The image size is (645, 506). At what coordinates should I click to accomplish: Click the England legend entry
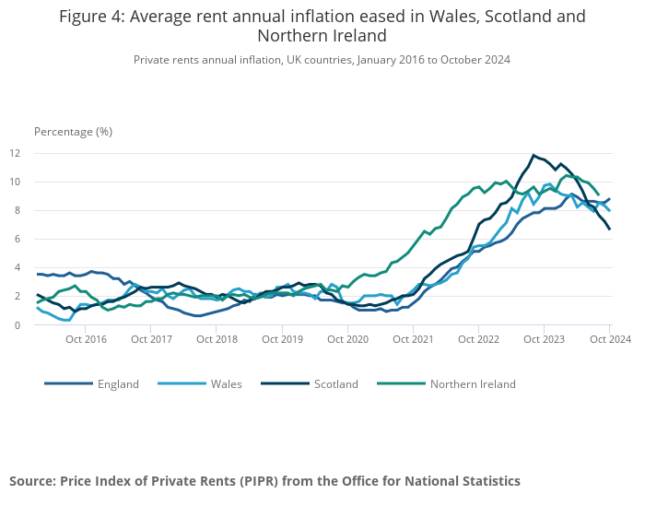(117, 383)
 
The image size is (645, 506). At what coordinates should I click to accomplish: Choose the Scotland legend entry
(335, 383)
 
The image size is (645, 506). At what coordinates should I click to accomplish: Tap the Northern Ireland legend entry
(473, 383)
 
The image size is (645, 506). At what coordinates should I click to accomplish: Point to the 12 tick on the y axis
(41, 153)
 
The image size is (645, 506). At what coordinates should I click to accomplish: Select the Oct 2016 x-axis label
(87, 339)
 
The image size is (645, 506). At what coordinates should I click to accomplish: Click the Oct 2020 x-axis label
(348, 339)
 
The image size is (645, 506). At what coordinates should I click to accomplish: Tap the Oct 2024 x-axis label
(610, 339)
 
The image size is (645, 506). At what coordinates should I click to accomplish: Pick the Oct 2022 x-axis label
(479, 339)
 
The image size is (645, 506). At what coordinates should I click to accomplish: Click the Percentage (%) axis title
(73, 131)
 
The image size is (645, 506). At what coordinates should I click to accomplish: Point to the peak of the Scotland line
(534, 155)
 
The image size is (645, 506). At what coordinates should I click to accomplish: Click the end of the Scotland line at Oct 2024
(610, 229)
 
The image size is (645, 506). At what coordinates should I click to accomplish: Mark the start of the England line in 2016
(38, 274)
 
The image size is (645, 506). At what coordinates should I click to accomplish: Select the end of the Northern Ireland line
(599, 194)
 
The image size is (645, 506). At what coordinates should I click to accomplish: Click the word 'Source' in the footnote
(31, 481)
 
